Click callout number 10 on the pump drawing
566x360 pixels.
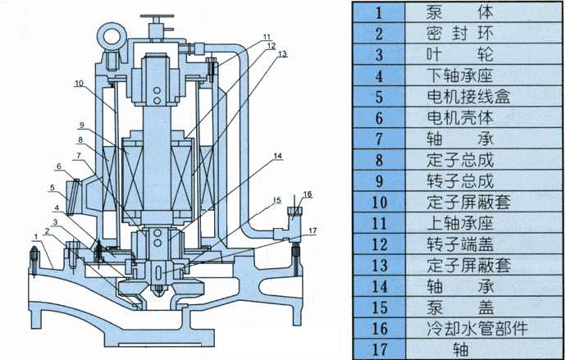click(x=79, y=84)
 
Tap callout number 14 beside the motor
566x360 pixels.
click(x=277, y=156)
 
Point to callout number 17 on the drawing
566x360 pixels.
click(x=313, y=231)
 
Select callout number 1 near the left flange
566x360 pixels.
click(x=35, y=236)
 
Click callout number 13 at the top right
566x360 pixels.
click(x=282, y=54)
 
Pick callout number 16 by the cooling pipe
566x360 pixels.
click(x=308, y=194)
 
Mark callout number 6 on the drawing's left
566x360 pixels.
click(x=59, y=166)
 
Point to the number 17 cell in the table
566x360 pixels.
click(x=379, y=349)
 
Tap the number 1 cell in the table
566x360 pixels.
click(x=379, y=13)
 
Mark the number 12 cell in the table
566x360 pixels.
click(x=379, y=244)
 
